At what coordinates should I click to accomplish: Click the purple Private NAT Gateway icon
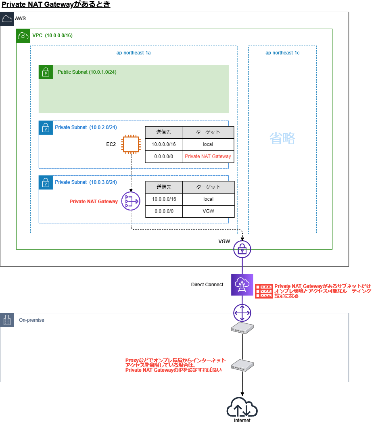pyautogui.click(x=130, y=201)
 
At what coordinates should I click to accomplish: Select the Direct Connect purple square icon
pyautogui.click(x=242, y=285)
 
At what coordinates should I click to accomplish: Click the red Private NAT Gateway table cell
pyautogui.click(x=208, y=156)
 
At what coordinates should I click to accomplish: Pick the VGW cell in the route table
pyautogui.click(x=208, y=211)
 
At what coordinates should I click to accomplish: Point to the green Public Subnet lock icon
pyautogui.click(x=46, y=72)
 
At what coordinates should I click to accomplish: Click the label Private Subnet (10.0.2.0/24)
pyautogui.click(x=86, y=127)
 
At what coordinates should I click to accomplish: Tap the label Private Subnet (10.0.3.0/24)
pyautogui.click(x=86, y=182)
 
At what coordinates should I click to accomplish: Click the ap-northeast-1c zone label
pyautogui.click(x=282, y=53)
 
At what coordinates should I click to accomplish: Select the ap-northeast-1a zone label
pyautogui.click(x=134, y=53)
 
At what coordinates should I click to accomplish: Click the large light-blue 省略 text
pyautogui.click(x=282, y=139)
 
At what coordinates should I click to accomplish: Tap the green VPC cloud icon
pyautogui.click(x=23, y=35)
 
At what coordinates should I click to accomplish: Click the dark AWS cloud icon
pyautogui.click(x=7, y=19)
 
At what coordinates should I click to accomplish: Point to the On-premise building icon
pyautogui.click(x=7, y=320)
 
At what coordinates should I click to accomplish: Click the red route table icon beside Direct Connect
pyautogui.click(x=264, y=291)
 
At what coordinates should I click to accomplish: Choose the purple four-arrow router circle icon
pyautogui.click(x=242, y=312)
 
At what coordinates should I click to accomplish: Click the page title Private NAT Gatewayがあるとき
pyautogui.click(x=56, y=5)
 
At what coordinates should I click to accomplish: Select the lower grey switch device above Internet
pyautogui.click(x=242, y=365)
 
